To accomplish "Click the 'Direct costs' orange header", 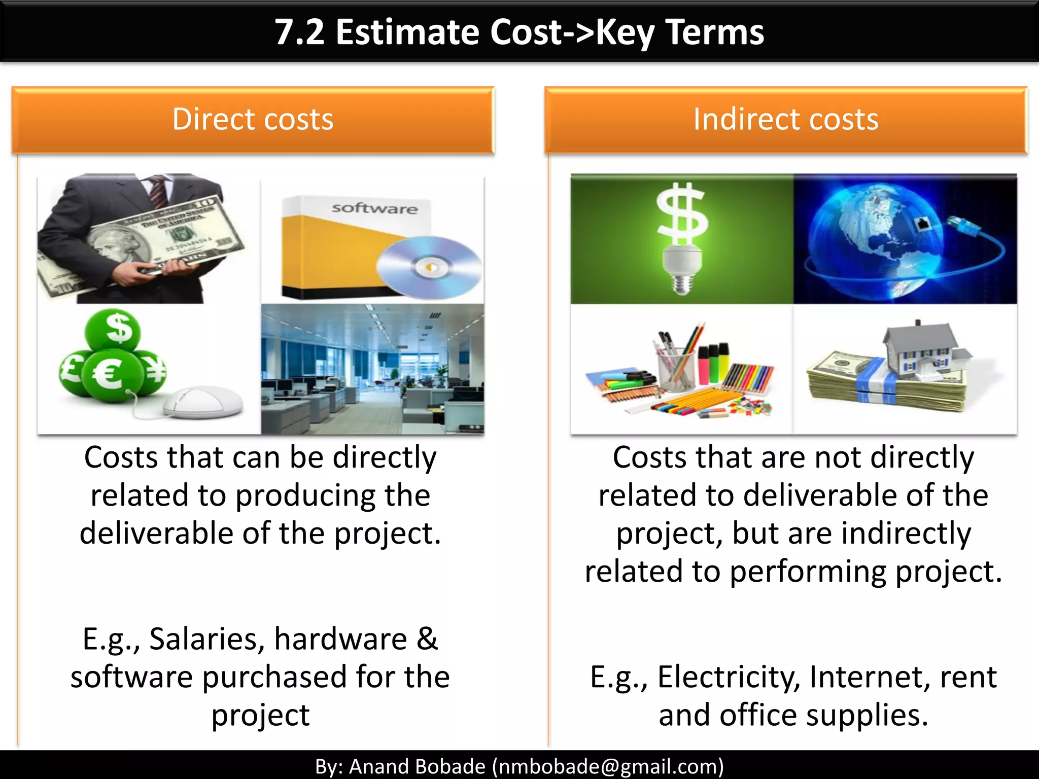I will pos(253,120).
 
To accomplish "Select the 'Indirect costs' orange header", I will pos(785,120).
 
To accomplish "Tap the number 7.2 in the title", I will pos(299,32).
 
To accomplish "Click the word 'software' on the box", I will pos(374,208).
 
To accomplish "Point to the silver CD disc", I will pos(429,267).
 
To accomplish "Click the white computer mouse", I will pos(203,402).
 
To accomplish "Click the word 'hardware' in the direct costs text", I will pos(340,639).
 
